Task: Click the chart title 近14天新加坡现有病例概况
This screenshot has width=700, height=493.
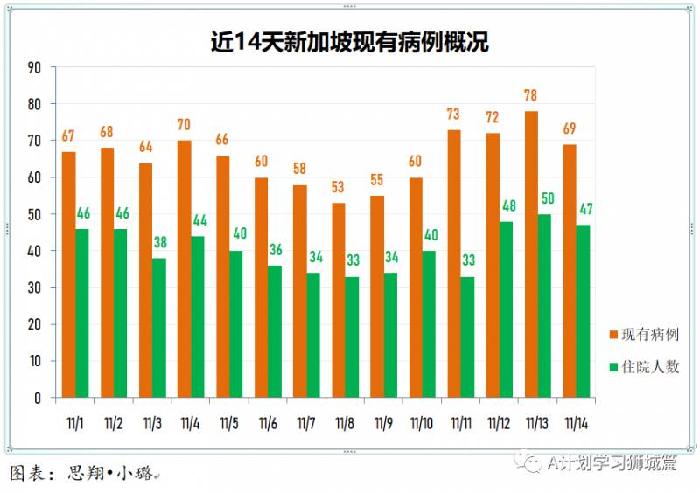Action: pyautogui.click(x=349, y=41)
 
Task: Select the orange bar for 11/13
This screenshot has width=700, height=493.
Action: pyautogui.click(x=531, y=254)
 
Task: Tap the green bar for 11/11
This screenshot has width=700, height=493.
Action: pyautogui.click(x=467, y=337)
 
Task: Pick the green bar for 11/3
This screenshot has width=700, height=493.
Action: pyautogui.click(x=159, y=328)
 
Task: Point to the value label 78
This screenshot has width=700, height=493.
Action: pyautogui.click(x=530, y=96)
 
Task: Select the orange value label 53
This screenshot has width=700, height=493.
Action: pyautogui.click(x=339, y=188)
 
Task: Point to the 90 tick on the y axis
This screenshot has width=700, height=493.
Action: pyautogui.click(x=34, y=67)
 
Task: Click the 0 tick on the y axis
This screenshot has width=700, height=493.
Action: pyautogui.click(x=38, y=398)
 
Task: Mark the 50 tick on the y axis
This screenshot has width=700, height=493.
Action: pyautogui.click(x=34, y=214)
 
